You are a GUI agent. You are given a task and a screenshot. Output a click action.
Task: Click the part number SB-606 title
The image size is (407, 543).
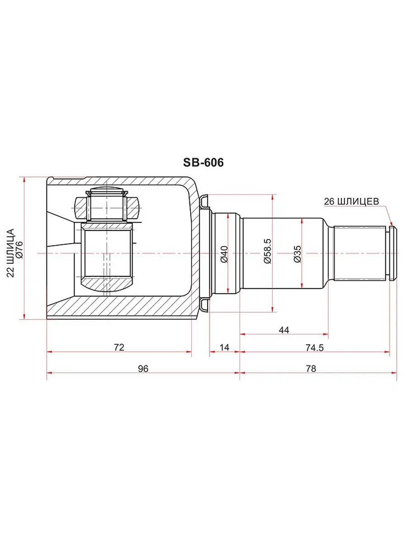tap(203, 162)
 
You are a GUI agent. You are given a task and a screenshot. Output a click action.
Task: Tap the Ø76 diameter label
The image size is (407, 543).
tap(19, 250)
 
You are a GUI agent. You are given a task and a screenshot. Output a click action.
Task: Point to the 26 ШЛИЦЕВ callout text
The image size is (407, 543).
tap(351, 201)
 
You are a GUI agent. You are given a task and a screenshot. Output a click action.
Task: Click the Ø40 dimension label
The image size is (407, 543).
tap(224, 255)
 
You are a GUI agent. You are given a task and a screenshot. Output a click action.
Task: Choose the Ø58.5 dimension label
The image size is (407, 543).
tap(267, 251)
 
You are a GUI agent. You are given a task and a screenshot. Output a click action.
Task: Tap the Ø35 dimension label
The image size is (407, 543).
tap(297, 254)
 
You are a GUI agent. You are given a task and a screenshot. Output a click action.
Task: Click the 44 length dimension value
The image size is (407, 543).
tap(284, 330)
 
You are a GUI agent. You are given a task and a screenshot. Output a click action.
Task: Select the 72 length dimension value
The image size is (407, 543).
tap(119, 348)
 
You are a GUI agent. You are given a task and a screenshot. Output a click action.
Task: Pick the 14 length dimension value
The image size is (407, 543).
tap(224, 348)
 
